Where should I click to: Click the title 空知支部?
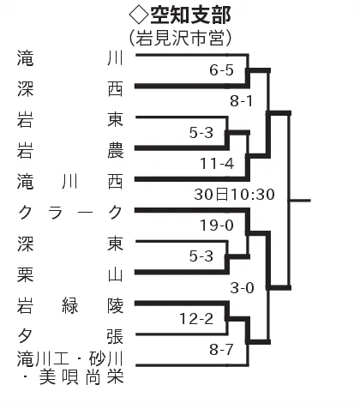[x=190, y=15]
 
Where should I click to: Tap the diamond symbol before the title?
[x=139, y=15]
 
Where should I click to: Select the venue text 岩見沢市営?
[x=180, y=38]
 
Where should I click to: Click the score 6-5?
[x=221, y=70]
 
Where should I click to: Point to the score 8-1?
[x=242, y=101]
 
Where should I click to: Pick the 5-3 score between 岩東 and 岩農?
[x=201, y=133]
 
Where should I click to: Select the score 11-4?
[x=217, y=164]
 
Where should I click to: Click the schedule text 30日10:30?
[x=235, y=195]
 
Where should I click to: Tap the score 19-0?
[x=217, y=226]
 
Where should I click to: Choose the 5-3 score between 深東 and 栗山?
[x=201, y=256]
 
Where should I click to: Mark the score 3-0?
[x=243, y=287]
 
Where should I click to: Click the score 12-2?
[x=196, y=318]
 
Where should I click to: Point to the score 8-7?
[x=221, y=349]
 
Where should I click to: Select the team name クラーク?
[x=70, y=213]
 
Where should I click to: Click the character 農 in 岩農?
[x=116, y=150]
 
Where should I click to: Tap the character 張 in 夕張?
[x=116, y=336]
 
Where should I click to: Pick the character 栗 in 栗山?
[x=26, y=274]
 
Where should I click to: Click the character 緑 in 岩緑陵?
[x=70, y=306]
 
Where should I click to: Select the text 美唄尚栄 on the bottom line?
[x=81, y=377]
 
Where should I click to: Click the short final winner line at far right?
[x=300, y=201]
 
